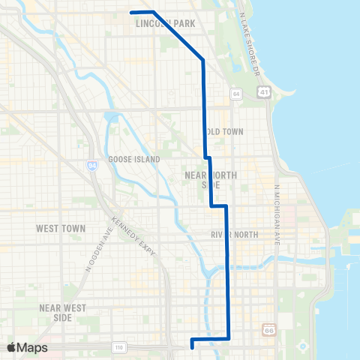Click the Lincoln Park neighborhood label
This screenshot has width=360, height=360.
[x=166, y=24]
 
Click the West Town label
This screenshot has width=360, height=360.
[x=61, y=228]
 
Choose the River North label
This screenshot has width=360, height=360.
[x=234, y=235]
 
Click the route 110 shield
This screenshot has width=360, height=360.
[x=118, y=346]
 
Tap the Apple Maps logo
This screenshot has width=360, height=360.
[x=28, y=347]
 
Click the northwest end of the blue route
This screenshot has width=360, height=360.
[x=131, y=12]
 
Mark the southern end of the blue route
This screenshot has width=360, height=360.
[x=193, y=347]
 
